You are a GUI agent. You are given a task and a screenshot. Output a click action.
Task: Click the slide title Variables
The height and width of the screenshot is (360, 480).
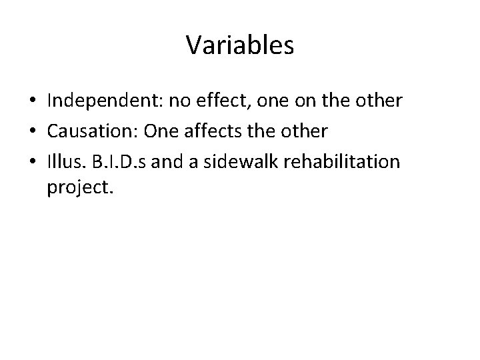click(240, 45)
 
